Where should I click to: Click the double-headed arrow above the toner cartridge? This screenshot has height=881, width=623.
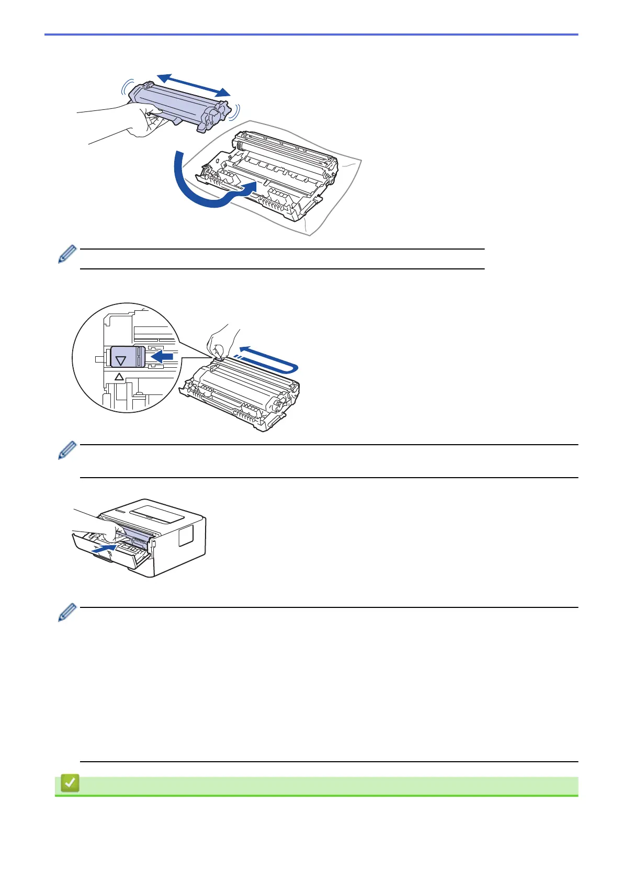194,85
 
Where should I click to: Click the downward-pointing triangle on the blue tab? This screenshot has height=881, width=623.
121,360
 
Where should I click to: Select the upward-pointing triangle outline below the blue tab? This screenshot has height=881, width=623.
119,377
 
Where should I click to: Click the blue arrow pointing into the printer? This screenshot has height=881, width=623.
103,549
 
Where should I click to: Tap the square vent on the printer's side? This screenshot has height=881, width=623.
186,535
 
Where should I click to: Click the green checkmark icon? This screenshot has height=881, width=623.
70,783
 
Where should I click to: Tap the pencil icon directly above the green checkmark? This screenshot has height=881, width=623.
67,613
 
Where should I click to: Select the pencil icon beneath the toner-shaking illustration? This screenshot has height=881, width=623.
67,254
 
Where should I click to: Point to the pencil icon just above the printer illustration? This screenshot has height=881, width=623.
67,450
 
